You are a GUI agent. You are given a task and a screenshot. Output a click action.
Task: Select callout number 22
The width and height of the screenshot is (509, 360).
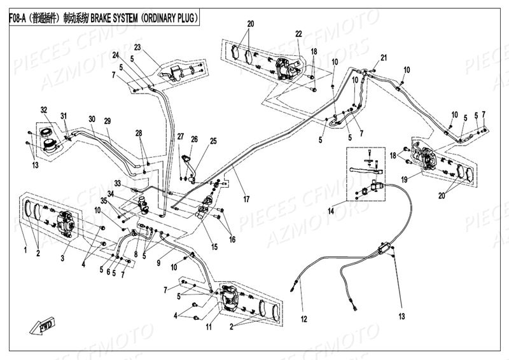[298, 33]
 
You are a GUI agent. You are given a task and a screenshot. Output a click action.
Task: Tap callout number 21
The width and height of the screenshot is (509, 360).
[383, 58]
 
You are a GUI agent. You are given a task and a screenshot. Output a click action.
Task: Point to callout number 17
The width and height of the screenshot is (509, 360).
[246, 200]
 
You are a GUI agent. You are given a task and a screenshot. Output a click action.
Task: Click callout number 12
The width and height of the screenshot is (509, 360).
[304, 318]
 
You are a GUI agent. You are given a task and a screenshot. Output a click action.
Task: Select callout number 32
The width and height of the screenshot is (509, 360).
[44, 109]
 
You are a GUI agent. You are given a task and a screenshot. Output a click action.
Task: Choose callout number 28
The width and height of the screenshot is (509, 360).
[138, 132]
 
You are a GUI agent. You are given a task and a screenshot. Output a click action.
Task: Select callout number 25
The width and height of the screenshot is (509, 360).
[213, 141]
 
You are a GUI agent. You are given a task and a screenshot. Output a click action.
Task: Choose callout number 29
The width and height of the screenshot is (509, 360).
[108, 121]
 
